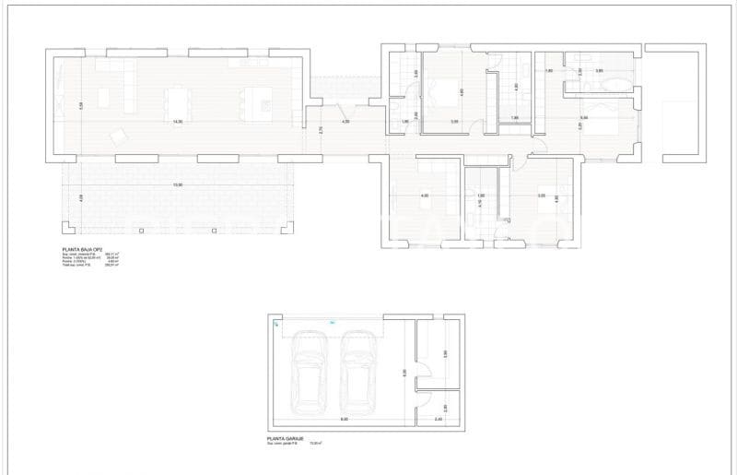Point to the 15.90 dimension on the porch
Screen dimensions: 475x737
click(x=177, y=184)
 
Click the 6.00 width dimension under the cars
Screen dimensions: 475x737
click(x=343, y=420)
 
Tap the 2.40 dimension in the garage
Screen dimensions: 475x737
click(x=439, y=420)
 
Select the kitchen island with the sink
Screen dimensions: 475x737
click(x=258, y=99)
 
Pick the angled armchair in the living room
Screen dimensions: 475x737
click(x=119, y=137)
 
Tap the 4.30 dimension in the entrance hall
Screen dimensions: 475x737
click(x=345, y=122)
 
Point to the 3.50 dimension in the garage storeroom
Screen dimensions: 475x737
click(x=444, y=353)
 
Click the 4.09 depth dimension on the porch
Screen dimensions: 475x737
click(x=81, y=197)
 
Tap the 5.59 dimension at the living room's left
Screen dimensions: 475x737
click(x=81, y=105)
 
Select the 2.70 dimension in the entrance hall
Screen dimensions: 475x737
click(x=321, y=131)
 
